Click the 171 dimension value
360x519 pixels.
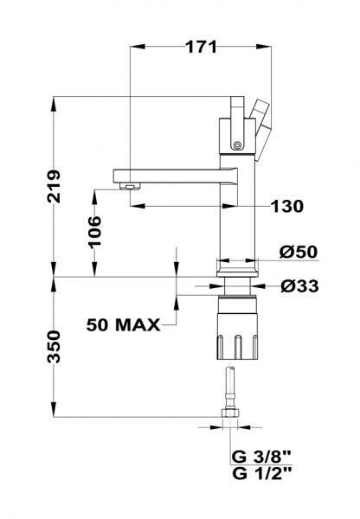pyautogui.click(x=201, y=47)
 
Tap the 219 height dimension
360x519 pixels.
pyautogui.click(x=54, y=186)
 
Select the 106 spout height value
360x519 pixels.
pyautogui.click(x=94, y=231)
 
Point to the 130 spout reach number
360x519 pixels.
pyautogui.click(x=286, y=206)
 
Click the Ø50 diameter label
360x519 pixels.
pyautogui.click(x=299, y=252)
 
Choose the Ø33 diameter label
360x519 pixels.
pyautogui.click(x=299, y=286)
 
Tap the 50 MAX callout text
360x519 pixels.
pyautogui.click(x=123, y=324)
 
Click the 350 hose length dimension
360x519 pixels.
pyautogui.click(x=54, y=347)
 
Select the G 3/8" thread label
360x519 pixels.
pyautogui.click(x=261, y=457)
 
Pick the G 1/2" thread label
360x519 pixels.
pyautogui.click(x=261, y=473)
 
